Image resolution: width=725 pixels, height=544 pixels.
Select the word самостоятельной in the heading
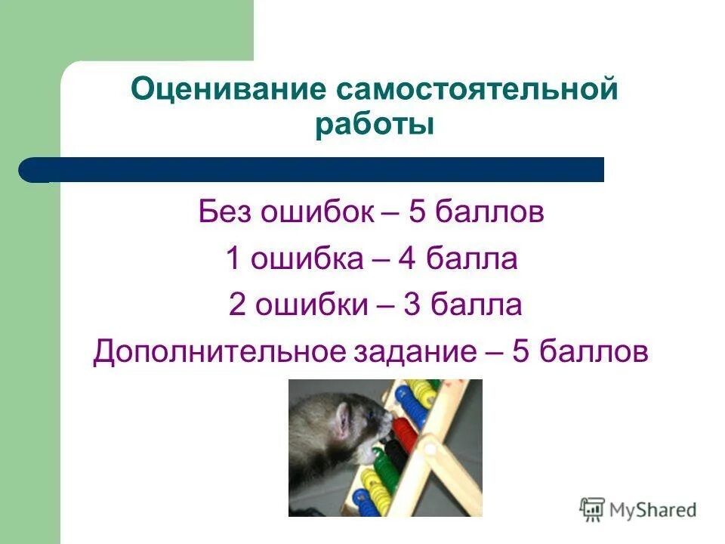(477, 91)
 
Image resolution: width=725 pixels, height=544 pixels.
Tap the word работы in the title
(375, 125)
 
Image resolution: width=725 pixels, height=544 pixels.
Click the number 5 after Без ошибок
(417, 212)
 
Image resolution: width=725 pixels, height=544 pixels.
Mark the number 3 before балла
(416, 306)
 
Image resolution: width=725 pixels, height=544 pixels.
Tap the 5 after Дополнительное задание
(521, 353)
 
